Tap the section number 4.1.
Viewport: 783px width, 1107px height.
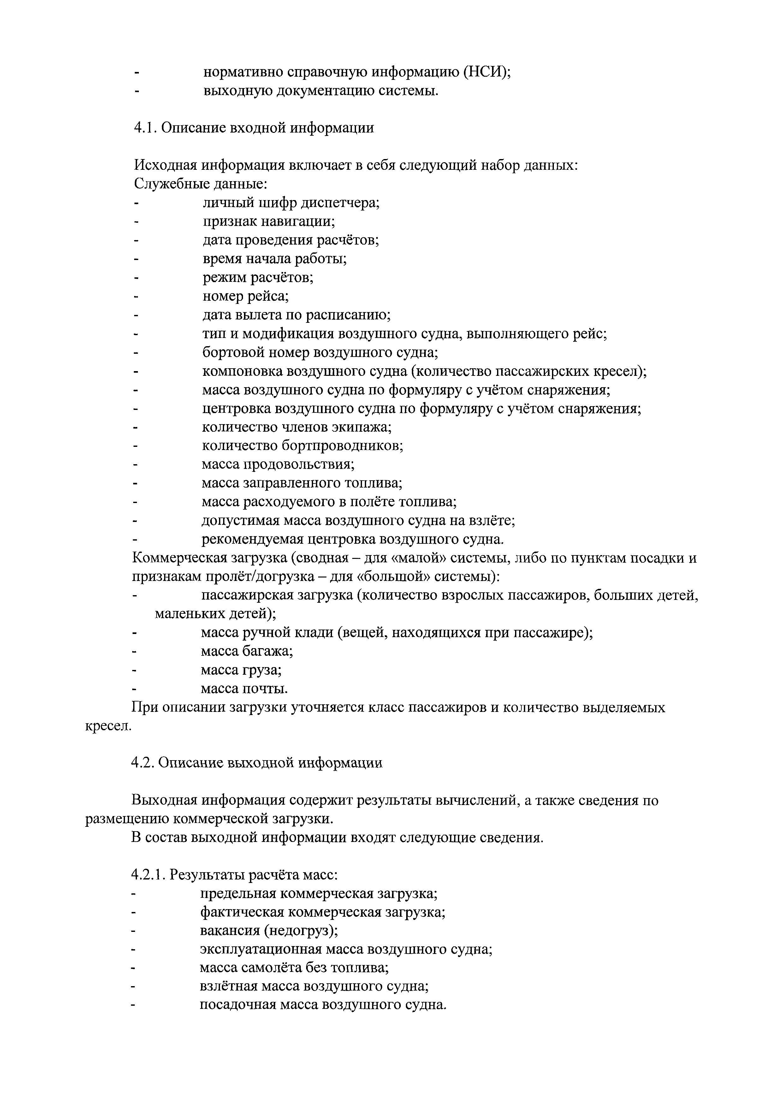coord(145,128)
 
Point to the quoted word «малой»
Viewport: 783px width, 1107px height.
coord(422,558)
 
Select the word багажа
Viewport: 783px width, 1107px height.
coord(270,651)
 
